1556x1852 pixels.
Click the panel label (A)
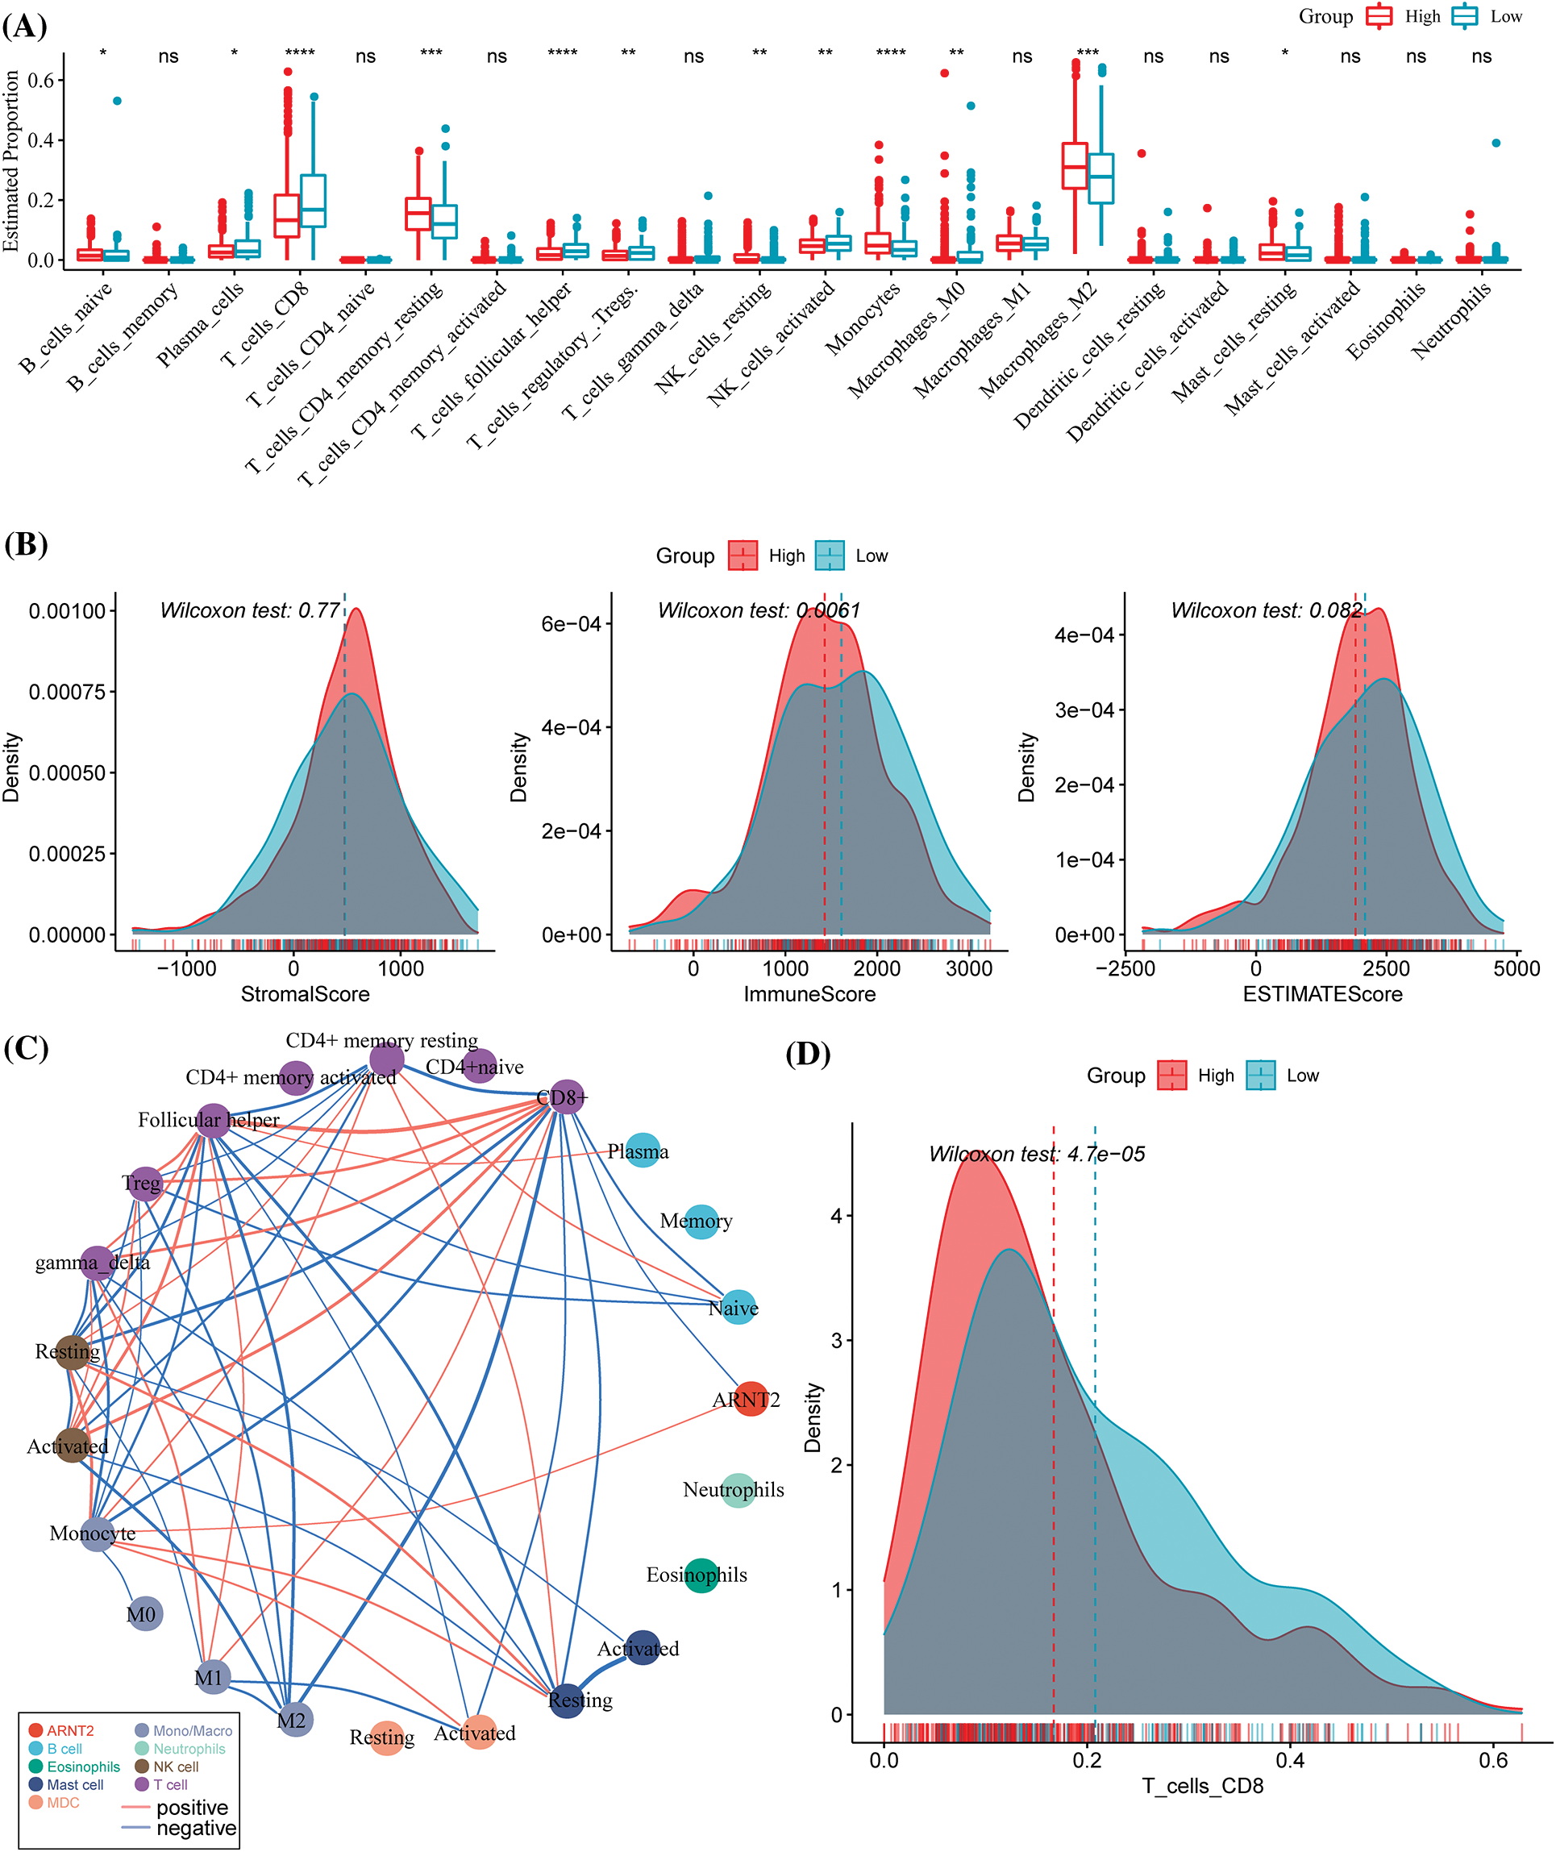tap(25, 27)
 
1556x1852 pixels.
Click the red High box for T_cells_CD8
tap(287, 215)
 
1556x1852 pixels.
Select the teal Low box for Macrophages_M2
tap(1100, 178)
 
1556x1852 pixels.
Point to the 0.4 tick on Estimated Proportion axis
tap(40, 140)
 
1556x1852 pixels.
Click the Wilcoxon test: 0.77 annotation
tap(250, 610)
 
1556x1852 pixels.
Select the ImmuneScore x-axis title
tap(809, 994)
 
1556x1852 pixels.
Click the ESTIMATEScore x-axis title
tap(1321, 994)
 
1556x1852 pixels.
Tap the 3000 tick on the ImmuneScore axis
tap(968, 968)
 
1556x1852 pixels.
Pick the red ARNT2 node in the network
tap(751, 1399)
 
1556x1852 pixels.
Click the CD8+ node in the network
tap(566, 1097)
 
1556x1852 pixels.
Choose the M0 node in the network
tap(144, 1614)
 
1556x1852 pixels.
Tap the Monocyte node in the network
tap(96, 1534)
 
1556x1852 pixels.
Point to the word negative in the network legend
tap(196, 1828)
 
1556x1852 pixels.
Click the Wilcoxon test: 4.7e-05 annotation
tap(1037, 1154)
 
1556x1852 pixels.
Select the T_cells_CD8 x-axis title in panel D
tap(1202, 1786)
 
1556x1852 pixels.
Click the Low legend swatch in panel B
tap(829, 556)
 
